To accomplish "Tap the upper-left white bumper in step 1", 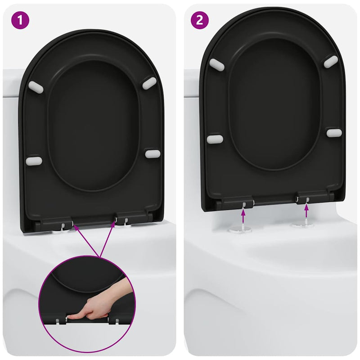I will click(36, 87).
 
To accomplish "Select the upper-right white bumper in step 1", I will click(149, 83).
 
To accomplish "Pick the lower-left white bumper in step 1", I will click(34, 161).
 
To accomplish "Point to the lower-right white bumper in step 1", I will click(153, 154).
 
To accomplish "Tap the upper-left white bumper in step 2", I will click(216, 65).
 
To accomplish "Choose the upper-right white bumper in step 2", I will click(331, 62).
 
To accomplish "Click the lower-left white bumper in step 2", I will click(215, 139).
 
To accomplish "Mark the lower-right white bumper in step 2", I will click(334, 133).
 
